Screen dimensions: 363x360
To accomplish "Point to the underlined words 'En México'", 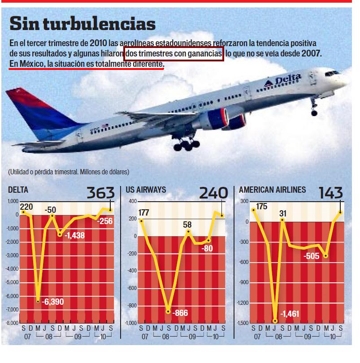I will coord(26,65).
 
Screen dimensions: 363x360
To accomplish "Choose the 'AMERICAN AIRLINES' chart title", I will coord(273,190).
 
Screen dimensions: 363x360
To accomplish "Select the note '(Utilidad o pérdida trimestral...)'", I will coord(68,172).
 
